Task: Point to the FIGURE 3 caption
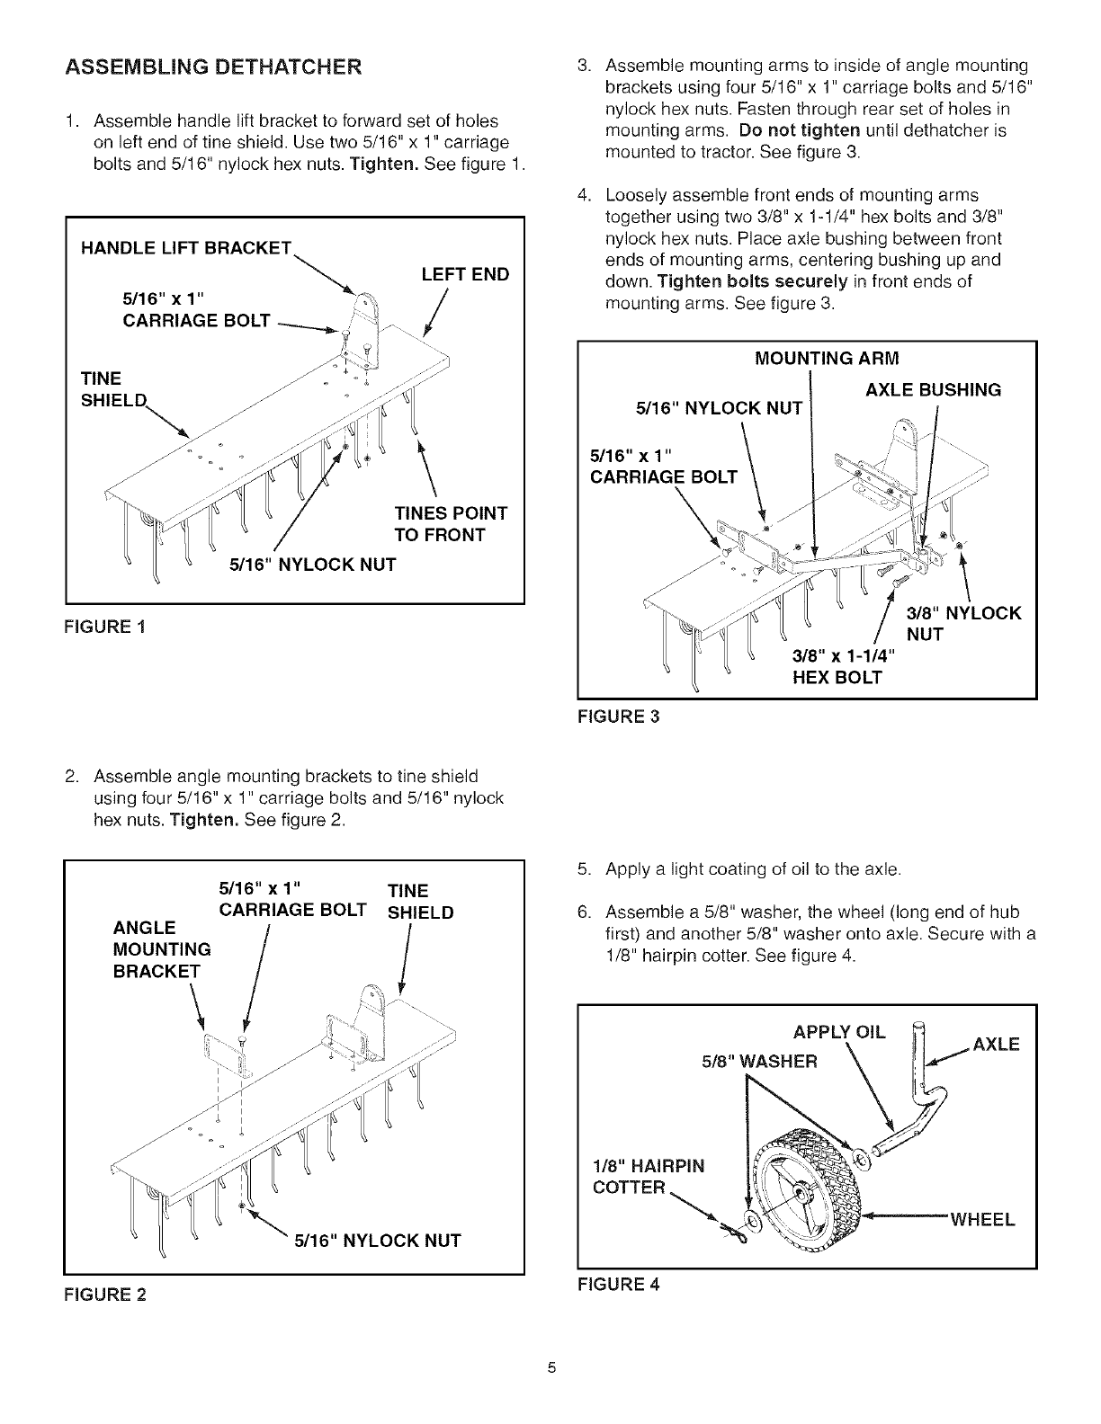pyautogui.click(x=618, y=717)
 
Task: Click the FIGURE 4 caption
pyautogui.click(x=618, y=1284)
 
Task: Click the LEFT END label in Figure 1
pyautogui.click(x=465, y=274)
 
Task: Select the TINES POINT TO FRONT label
pyautogui.click(x=451, y=524)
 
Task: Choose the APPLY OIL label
pyautogui.click(x=838, y=1032)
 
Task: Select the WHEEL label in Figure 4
pyautogui.click(x=982, y=1220)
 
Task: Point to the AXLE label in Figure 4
pyautogui.click(x=996, y=1046)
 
